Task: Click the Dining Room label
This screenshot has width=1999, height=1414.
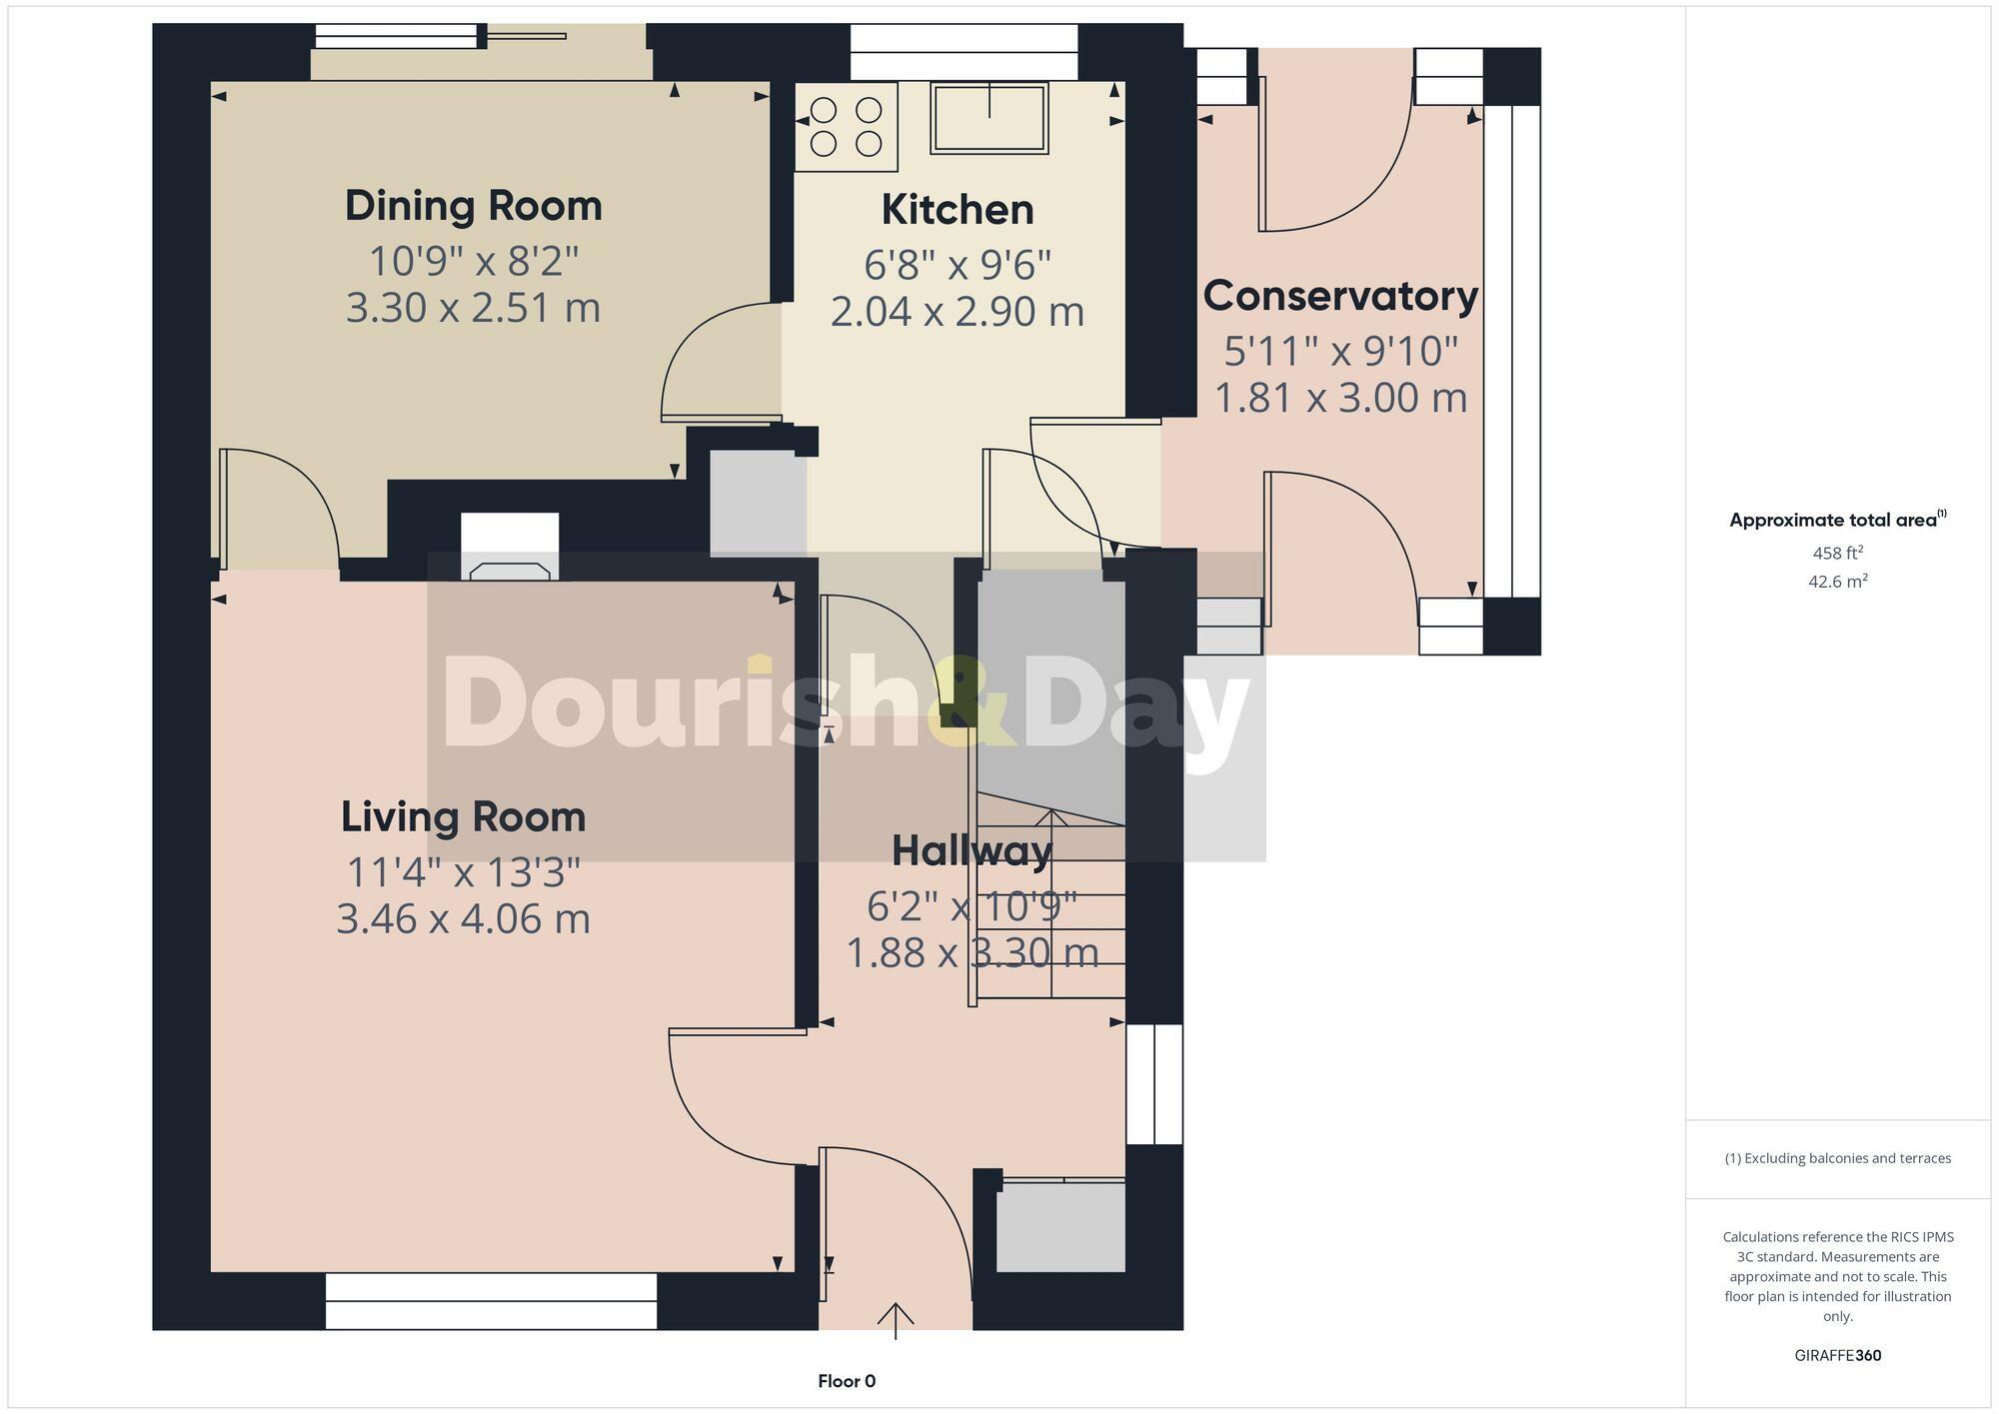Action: pos(474,206)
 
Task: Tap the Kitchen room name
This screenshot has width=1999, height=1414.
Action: pos(958,210)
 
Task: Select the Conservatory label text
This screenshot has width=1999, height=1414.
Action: pos(1340,296)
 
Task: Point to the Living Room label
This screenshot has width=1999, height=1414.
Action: pos(464,816)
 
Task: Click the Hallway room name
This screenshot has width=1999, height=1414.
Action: pos(972,851)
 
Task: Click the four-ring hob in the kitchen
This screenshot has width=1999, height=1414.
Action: pos(846,127)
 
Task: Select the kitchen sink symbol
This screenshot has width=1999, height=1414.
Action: pos(990,118)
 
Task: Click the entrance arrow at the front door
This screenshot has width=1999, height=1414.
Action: pos(896,1319)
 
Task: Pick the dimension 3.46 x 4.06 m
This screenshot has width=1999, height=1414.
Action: pos(464,918)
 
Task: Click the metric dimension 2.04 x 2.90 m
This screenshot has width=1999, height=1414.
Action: pos(958,312)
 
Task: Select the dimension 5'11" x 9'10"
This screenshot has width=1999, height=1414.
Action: pos(1340,351)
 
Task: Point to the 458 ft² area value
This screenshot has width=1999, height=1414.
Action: pos(1837,553)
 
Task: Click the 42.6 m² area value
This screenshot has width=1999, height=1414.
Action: pos(1837,581)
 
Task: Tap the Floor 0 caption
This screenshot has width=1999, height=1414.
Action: pos(847,1381)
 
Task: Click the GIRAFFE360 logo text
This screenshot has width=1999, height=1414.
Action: pos(1837,1355)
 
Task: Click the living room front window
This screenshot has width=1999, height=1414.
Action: pos(491,1300)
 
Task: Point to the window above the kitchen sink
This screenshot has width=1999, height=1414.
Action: pos(964,52)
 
